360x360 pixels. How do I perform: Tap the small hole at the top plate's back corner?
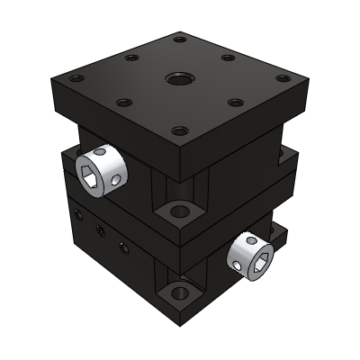(179, 40)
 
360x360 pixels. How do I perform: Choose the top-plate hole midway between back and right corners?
(227, 58)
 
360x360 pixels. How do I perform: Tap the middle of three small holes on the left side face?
(98, 232)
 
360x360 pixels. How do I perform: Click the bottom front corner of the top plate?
(184, 174)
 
